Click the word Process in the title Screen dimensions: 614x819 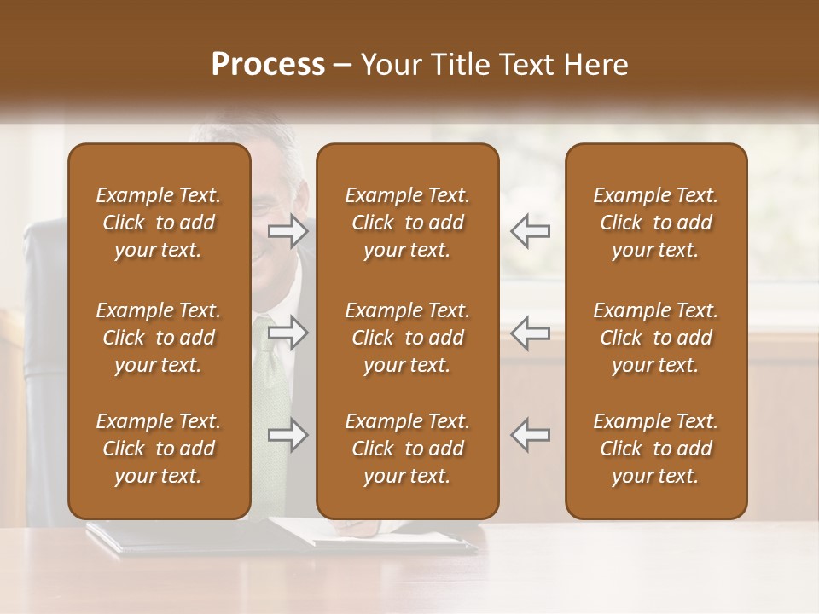point(268,65)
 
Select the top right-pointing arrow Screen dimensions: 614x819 point(288,230)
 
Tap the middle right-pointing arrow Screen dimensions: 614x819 point(288,333)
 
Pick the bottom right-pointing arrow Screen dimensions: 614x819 point(288,435)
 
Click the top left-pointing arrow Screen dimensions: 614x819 point(531,230)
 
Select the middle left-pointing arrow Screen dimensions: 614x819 point(531,333)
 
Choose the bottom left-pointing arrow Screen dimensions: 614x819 point(531,435)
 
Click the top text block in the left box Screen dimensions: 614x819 point(159,223)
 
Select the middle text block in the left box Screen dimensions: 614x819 point(159,338)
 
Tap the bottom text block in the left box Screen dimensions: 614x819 point(159,449)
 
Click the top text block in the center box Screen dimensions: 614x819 point(408,223)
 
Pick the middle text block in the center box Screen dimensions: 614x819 point(408,338)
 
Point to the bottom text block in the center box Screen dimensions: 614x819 point(408,449)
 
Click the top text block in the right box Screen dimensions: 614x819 point(656,223)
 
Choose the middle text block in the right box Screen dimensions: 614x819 point(656,338)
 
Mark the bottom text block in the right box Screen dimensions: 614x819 point(656,449)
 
